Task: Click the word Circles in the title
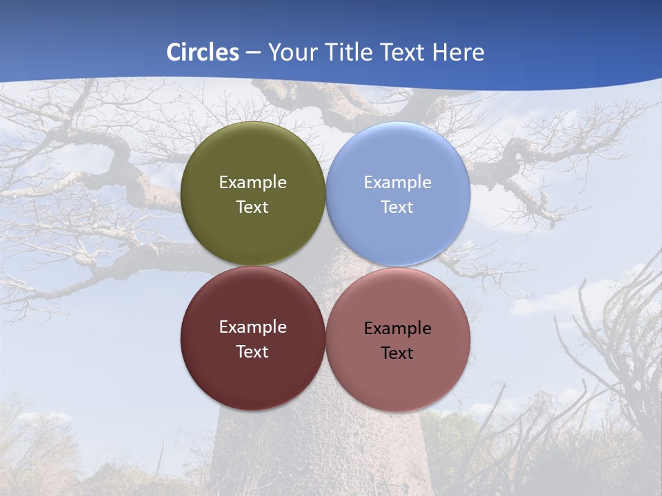point(202,52)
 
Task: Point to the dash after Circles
point(253,53)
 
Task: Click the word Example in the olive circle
point(252,183)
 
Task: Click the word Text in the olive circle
point(252,207)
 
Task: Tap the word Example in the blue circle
point(397,183)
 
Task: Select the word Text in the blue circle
point(397,207)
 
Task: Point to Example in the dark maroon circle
point(252,327)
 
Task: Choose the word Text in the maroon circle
point(252,352)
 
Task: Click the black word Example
point(397,329)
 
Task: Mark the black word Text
point(397,353)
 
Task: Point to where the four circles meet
point(325,267)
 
